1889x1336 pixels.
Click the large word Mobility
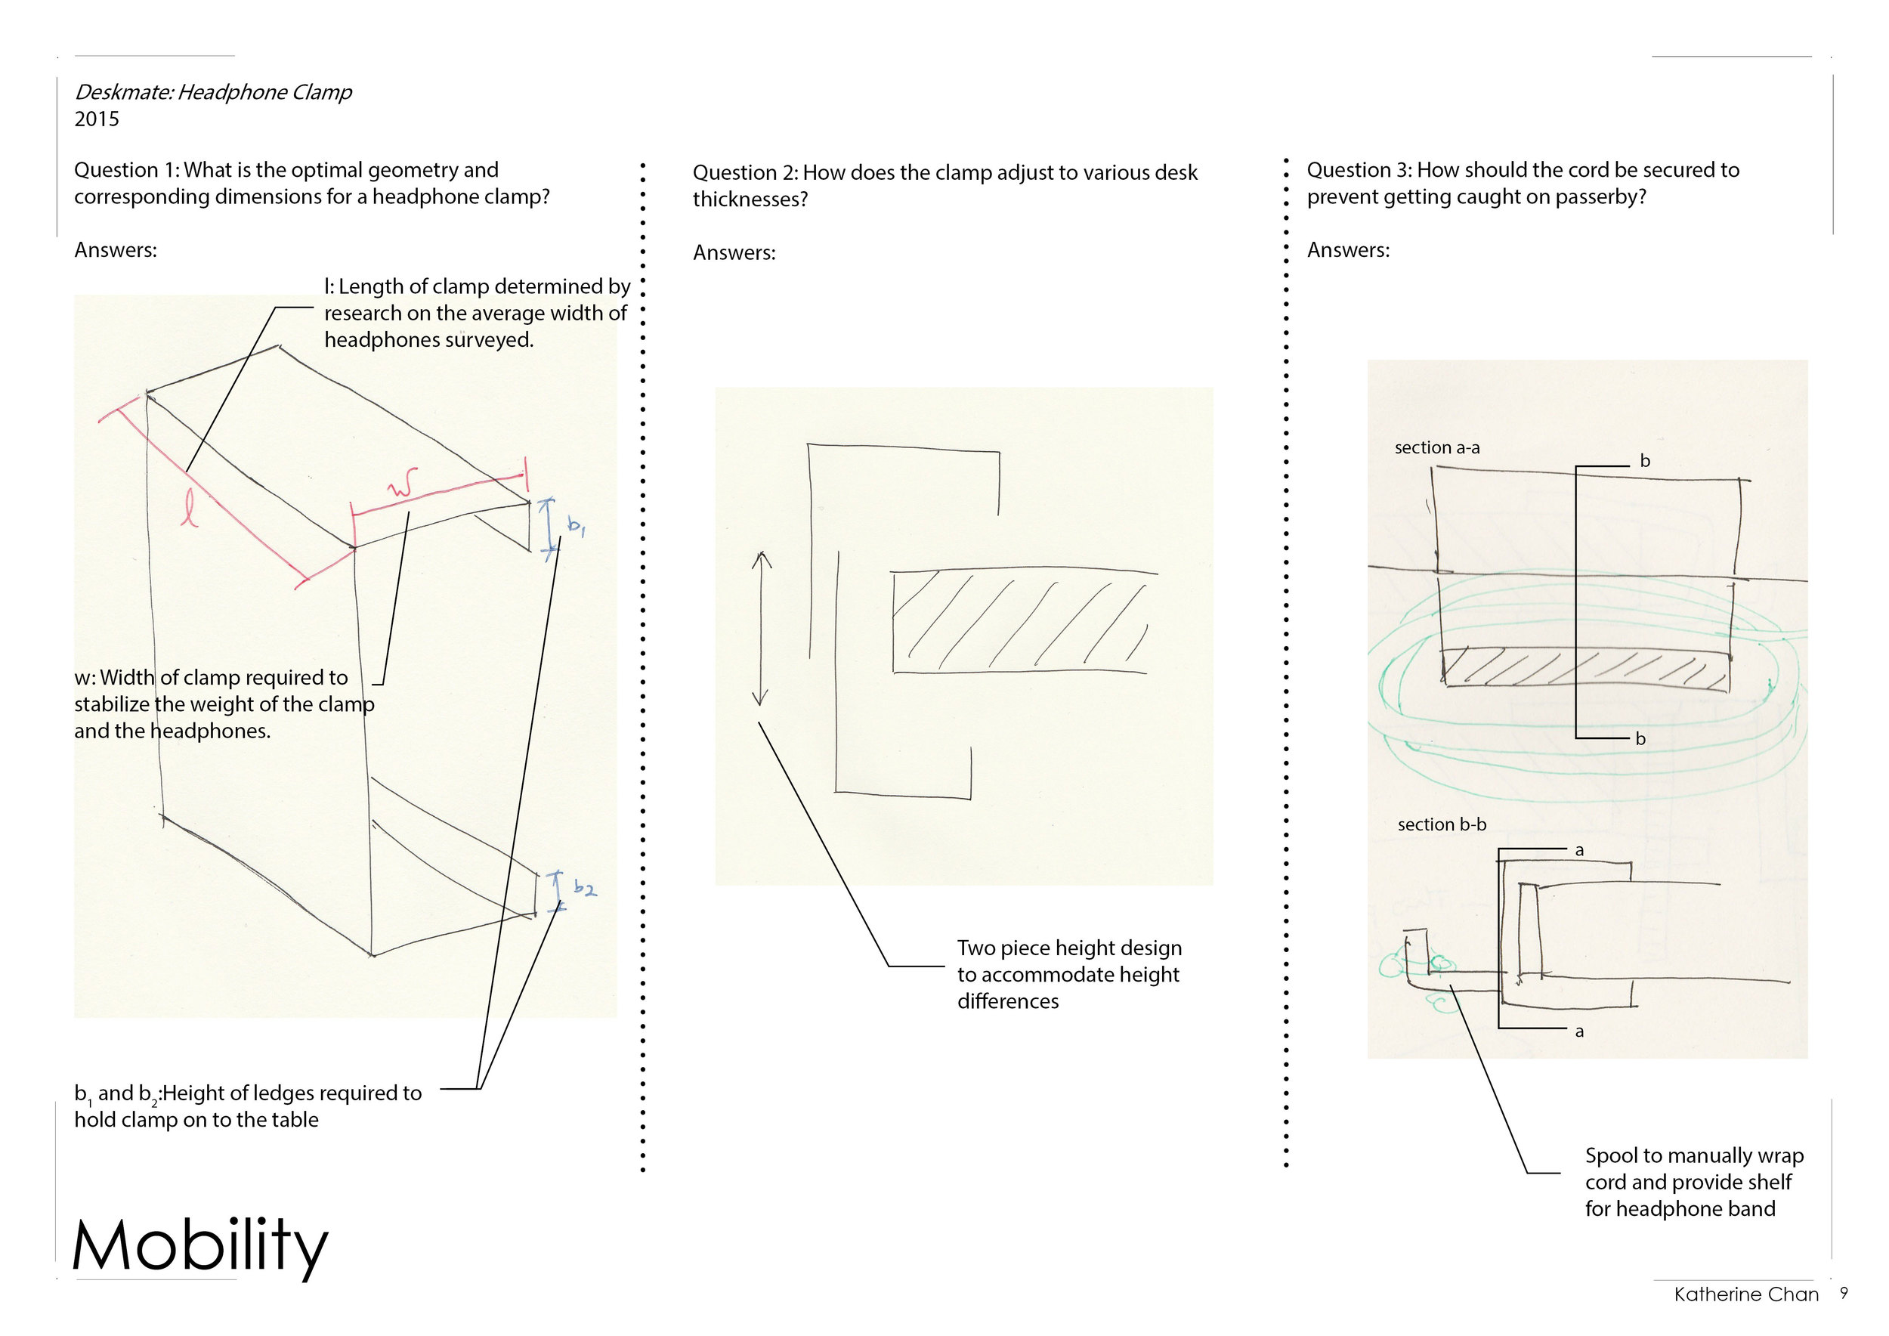[200, 1245]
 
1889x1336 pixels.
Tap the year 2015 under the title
[96, 119]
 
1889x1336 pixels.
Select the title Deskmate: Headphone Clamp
[213, 92]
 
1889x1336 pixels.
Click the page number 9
[1844, 1293]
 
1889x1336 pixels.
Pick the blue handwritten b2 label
[584, 888]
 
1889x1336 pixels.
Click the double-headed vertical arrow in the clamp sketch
[761, 629]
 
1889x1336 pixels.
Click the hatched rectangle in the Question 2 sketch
[1020, 621]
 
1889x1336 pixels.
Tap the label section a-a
[1436, 448]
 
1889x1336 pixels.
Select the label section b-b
[1442, 824]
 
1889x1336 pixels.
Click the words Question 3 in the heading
[1358, 170]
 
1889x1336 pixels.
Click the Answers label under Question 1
[115, 250]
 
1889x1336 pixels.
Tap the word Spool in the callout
[1612, 1156]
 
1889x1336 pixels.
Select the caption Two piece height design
[1068, 948]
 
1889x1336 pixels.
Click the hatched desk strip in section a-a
[1584, 668]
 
